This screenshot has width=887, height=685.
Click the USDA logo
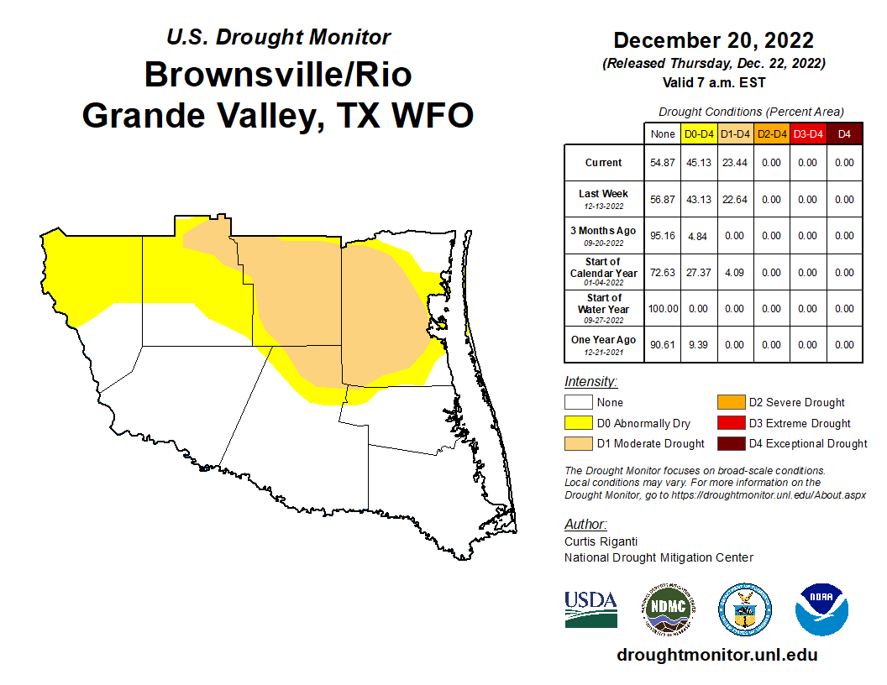click(x=591, y=609)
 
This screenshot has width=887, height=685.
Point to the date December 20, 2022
click(x=713, y=40)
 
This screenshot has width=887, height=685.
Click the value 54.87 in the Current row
click(x=663, y=163)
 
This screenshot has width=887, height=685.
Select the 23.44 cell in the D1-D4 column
click(x=734, y=163)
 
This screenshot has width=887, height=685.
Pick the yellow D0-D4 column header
click(x=698, y=133)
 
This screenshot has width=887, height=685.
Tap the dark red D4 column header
click(x=844, y=133)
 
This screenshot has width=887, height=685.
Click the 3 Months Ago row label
click(x=604, y=235)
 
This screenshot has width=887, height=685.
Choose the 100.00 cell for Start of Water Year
click(x=663, y=309)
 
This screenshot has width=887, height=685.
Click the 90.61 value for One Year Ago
click(x=663, y=345)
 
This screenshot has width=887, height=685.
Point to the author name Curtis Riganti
click(x=601, y=541)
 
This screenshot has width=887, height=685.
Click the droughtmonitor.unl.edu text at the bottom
click(x=716, y=655)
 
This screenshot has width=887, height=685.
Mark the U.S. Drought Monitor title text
click(x=278, y=38)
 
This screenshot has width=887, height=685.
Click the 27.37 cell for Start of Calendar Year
click(x=698, y=273)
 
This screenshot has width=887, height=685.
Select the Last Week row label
click(x=604, y=199)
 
